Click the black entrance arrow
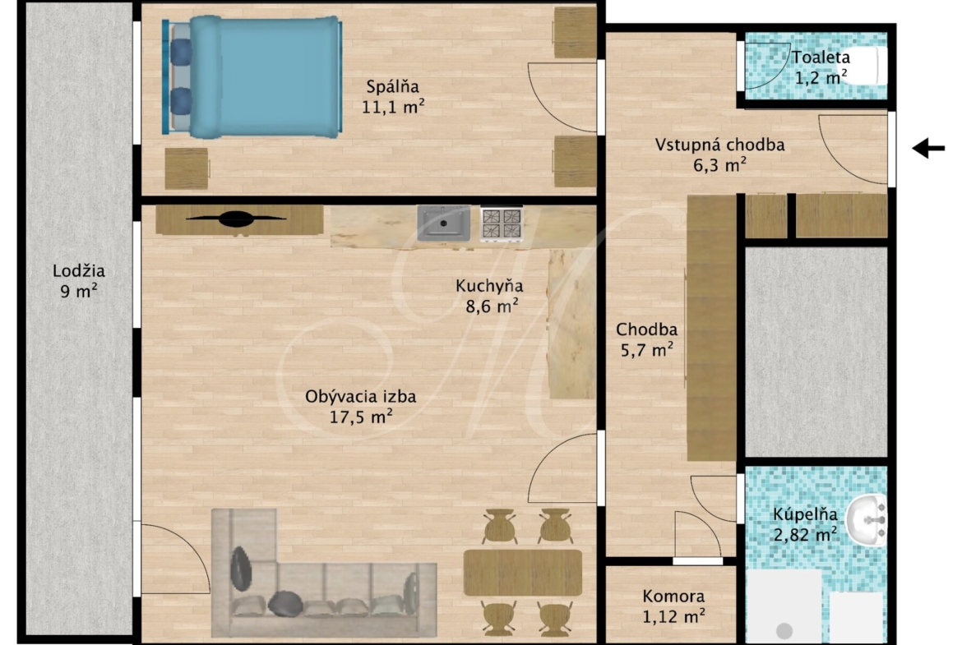pyautogui.click(x=928, y=148)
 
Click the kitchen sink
pyautogui.click(x=443, y=223)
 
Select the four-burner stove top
pyautogui.click(x=502, y=223)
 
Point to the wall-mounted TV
pyautogui.click(x=236, y=219)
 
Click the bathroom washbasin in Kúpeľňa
pyautogui.click(x=867, y=520)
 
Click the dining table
pyautogui.click(x=523, y=573)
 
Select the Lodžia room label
pyautogui.click(x=79, y=270)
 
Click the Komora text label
pyautogui.click(x=673, y=596)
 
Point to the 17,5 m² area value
pyautogui.click(x=361, y=417)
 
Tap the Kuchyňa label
pyautogui.click(x=489, y=286)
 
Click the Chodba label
pyautogui.click(x=646, y=329)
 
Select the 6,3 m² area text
pyautogui.click(x=719, y=165)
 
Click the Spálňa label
pyautogui.click(x=393, y=86)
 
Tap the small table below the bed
pyautogui.click(x=187, y=168)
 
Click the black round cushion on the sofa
pyautogui.click(x=285, y=603)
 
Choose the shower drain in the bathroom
pyautogui.click(x=784, y=630)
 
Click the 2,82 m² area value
pyautogui.click(x=805, y=535)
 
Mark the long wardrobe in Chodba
pyautogui.click(x=711, y=327)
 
